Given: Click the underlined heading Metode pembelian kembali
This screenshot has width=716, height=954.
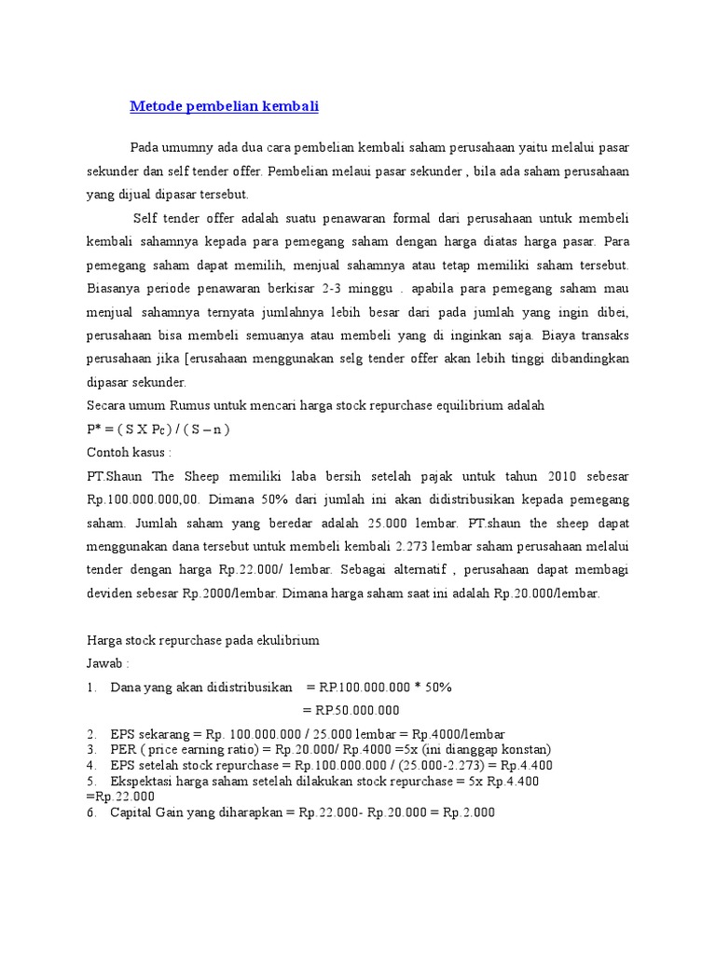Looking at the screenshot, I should tap(224, 106).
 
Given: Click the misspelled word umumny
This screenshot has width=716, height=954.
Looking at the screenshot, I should tap(188, 148).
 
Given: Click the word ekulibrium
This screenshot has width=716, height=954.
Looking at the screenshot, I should tap(288, 640).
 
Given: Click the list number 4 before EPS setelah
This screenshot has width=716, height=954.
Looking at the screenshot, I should tap(89, 765).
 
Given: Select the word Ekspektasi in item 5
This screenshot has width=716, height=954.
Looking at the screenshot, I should tap(144, 781).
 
